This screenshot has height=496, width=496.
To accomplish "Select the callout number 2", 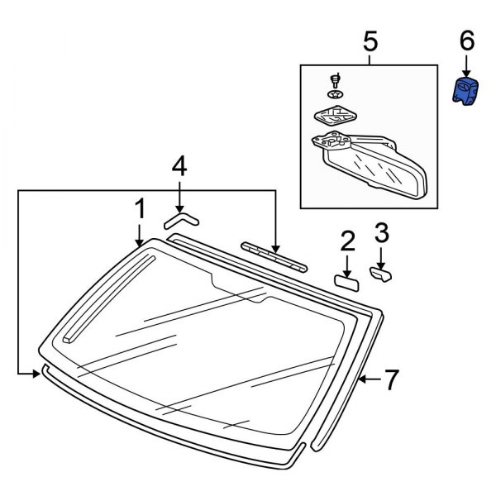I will coord(347,241).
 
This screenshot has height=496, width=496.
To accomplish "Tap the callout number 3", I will coord(381,232).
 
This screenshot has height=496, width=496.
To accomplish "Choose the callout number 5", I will coord(370,40).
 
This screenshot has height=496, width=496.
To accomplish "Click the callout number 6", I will coord(467,40).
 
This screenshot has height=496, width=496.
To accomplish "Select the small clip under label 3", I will coord(381,274).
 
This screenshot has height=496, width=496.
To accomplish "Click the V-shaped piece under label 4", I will coord(180,218).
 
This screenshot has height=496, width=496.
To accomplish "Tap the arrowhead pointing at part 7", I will coord(364,379).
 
